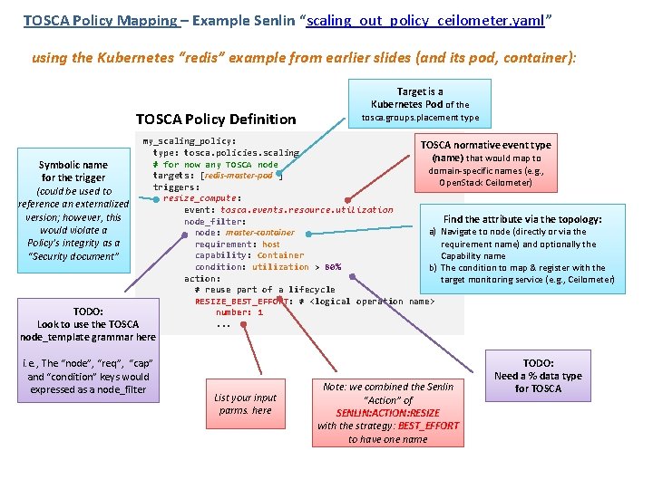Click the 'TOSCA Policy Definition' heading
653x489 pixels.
click(216, 119)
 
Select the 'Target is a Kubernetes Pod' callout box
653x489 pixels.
click(420, 104)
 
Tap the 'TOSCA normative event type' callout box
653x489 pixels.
click(485, 163)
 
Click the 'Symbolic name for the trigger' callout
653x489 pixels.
click(73, 210)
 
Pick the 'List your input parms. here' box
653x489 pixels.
click(246, 404)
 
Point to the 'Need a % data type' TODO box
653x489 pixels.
click(538, 375)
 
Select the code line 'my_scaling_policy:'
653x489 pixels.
click(190, 141)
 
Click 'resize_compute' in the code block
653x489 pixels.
click(200, 198)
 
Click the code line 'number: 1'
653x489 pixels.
click(239, 312)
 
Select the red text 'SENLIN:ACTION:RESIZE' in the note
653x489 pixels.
click(387, 412)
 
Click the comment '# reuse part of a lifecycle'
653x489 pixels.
click(265, 290)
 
